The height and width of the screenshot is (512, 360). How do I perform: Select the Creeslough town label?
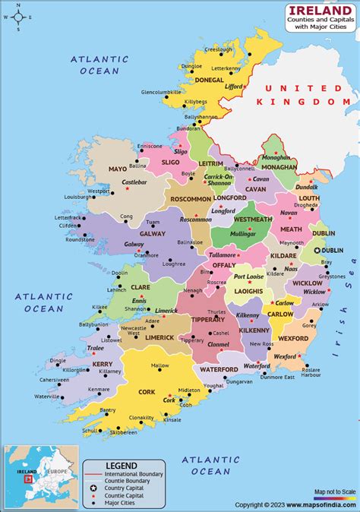(x=218, y=49)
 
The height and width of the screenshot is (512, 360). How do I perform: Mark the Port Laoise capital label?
(x=248, y=277)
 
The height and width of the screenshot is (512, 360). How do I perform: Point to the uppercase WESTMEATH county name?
(x=252, y=220)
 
